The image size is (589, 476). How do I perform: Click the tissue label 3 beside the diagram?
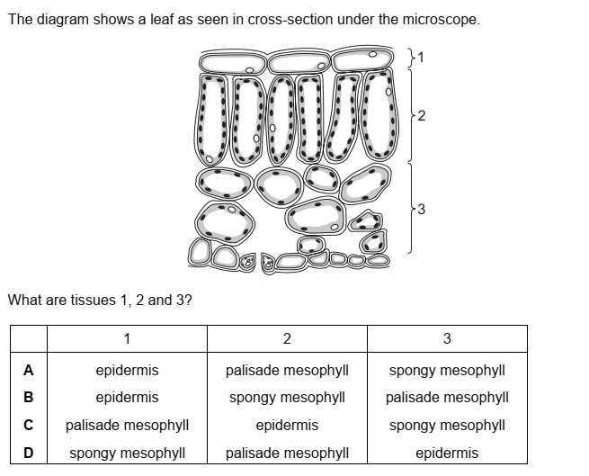[x=422, y=210]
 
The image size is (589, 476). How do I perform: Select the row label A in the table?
[x=29, y=370]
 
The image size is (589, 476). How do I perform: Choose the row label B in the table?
[x=29, y=397]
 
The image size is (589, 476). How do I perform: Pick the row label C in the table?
[x=29, y=425]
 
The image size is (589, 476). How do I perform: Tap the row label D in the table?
[x=29, y=453]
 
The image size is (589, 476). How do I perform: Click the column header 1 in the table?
[x=127, y=338]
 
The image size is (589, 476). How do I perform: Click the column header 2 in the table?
[x=287, y=338]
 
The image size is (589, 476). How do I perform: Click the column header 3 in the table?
[x=447, y=338]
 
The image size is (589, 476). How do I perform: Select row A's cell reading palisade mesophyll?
[x=287, y=370]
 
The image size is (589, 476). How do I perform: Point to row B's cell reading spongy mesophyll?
[x=287, y=397]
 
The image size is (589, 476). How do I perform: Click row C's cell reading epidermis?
[x=287, y=425]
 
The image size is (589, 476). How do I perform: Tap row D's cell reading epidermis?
[x=447, y=453]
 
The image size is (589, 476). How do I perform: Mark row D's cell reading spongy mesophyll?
[x=127, y=453]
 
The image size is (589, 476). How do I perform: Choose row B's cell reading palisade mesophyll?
[x=447, y=397]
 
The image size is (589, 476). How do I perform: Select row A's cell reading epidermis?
[x=127, y=370]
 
